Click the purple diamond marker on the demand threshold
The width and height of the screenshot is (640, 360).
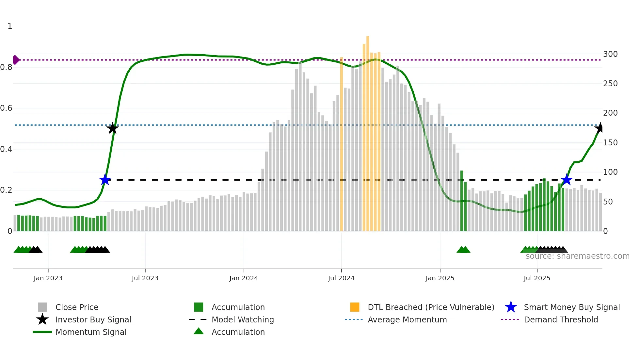[16, 60]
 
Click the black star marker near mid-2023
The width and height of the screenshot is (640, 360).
[112, 128]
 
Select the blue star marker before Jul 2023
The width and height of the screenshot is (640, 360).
[105, 180]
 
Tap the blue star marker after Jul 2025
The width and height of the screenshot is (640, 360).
[567, 180]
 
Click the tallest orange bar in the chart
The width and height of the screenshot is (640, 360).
[368, 131]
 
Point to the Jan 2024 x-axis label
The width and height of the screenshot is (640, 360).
[244, 278]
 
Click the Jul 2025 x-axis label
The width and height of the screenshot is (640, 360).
[537, 278]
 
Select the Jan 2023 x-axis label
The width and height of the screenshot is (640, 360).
[48, 278]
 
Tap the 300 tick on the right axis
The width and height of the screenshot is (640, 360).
[610, 54]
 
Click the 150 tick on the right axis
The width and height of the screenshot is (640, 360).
[610, 142]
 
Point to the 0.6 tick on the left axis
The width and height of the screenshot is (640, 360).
[7, 108]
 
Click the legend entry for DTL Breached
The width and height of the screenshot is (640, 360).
[431, 307]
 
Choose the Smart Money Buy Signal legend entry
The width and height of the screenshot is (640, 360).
[571, 307]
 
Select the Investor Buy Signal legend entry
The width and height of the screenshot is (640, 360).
[93, 319]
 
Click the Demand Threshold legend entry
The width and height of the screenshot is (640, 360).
[561, 319]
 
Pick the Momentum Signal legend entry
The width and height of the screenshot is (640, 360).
[91, 332]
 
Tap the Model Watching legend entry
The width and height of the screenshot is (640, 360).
[242, 319]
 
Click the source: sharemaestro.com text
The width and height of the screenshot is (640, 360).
[577, 256]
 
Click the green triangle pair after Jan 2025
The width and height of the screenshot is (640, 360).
[463, 250]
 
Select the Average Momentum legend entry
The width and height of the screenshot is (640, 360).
[407, 319]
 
